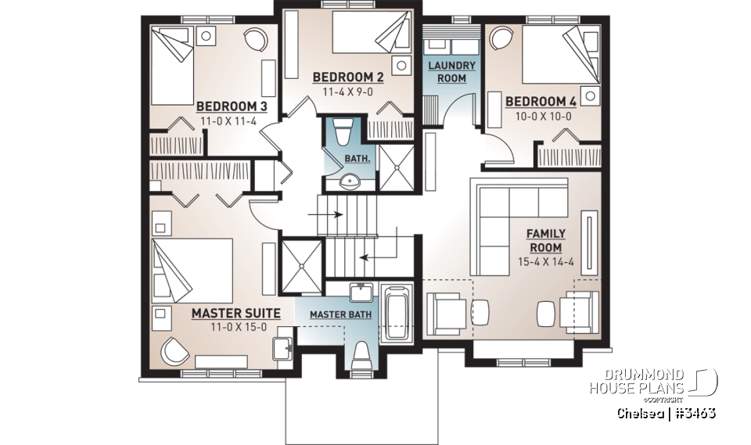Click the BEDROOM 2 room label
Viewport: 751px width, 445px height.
click(347, 77)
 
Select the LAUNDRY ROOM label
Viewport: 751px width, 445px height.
click(447, 72)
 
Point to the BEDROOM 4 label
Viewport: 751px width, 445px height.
click(541, 102)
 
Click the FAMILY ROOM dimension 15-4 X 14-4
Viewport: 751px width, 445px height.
click(545, 262)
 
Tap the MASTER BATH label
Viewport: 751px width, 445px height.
click(340, 314)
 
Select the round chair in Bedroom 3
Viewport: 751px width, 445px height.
click(254, 40)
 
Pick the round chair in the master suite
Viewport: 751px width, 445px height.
click(174, 351)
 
